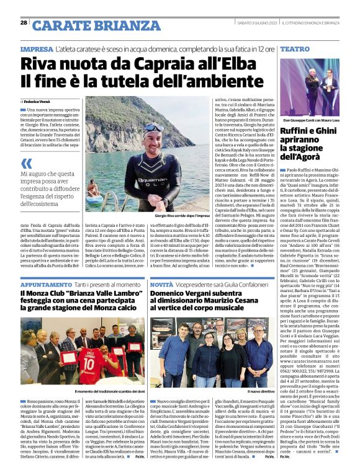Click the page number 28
[x=24, y=22]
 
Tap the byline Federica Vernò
[x=38, y=100]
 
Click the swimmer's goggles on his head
[x=150, y=128]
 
